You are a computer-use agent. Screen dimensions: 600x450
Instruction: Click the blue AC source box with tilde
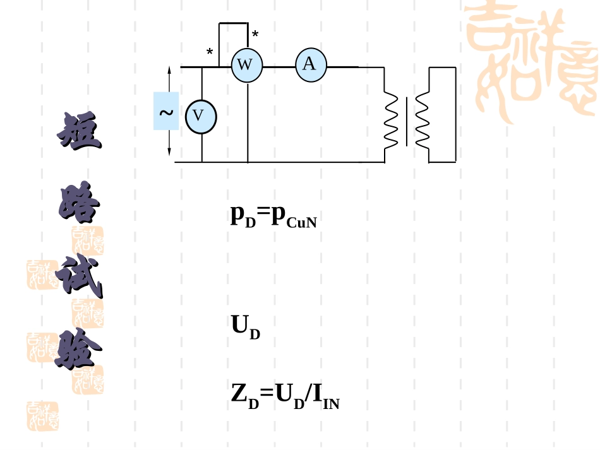[166, 111]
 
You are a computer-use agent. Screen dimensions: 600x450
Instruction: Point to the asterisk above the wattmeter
[255, 35]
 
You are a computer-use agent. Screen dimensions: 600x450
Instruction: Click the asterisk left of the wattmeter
[210, 52]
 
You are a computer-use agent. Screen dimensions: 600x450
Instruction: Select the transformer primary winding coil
[391, 119]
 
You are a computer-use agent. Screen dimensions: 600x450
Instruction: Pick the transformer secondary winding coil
[422, 119]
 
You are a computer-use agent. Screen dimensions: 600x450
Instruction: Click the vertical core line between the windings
[406, 122]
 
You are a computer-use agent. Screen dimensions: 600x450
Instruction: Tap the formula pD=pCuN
[273, 216]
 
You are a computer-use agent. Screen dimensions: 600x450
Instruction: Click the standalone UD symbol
[246, 327]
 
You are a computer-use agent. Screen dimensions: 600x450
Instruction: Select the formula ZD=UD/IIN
[285, 396]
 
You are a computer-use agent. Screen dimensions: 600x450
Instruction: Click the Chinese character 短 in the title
[80, 130]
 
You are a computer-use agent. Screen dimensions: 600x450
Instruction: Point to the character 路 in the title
[79, 203]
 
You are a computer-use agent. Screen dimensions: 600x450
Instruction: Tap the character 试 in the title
[80, 275]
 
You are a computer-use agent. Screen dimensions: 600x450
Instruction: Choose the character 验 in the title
[78, 348]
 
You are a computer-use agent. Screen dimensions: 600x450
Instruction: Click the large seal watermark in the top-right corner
[532, 61]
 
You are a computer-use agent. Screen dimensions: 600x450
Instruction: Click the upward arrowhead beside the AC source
[169, 70]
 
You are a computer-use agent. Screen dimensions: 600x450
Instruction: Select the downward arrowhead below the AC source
[169, 151]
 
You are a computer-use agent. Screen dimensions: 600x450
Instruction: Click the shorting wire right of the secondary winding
[456, 115]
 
